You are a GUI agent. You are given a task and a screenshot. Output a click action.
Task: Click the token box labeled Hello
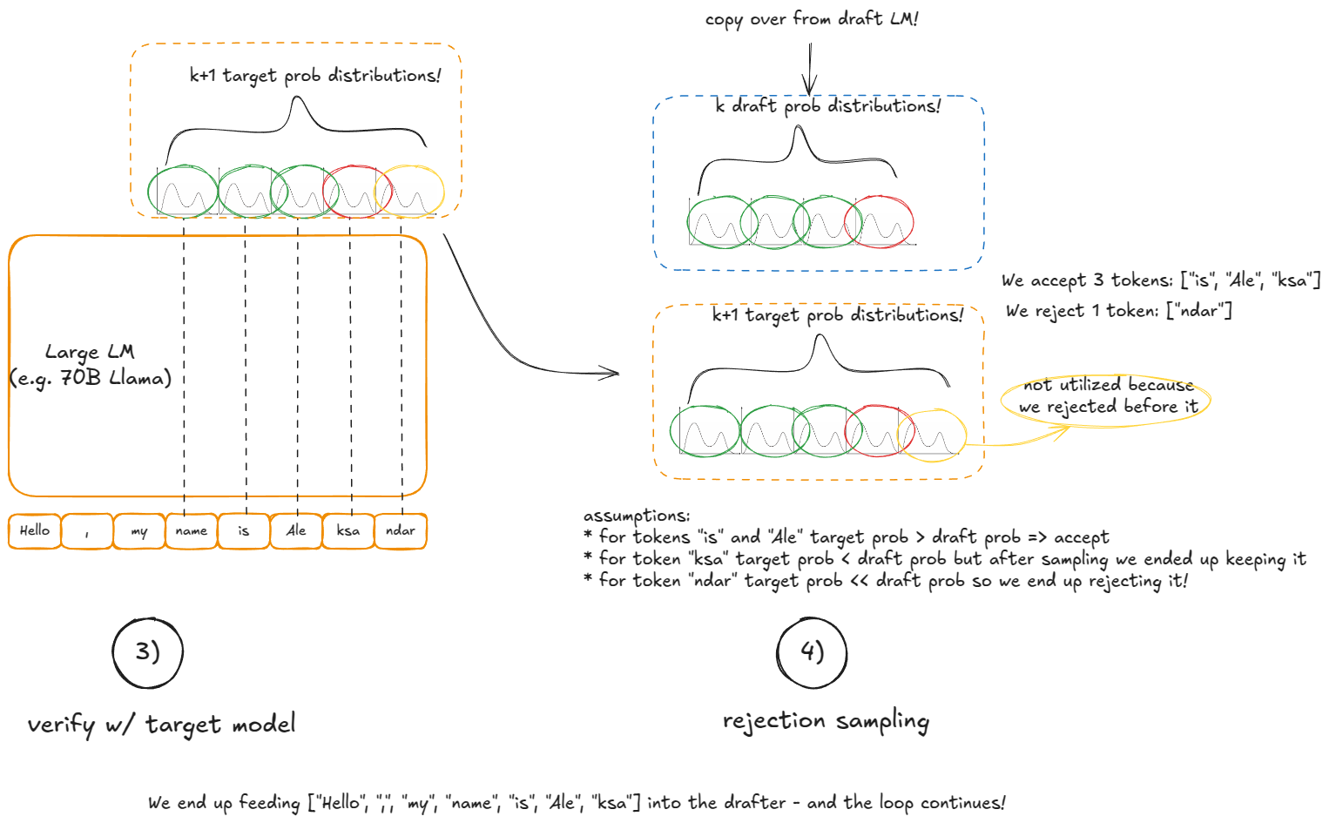click(x=35, y=531)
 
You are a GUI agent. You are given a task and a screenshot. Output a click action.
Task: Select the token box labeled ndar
click(x=401, y=531)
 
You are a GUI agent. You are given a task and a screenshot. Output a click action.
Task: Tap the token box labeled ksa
click(x=348, y=531)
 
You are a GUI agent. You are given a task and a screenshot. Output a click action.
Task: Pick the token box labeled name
click(x=192, y=531)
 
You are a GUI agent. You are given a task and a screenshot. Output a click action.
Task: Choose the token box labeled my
click(x=139, y=531)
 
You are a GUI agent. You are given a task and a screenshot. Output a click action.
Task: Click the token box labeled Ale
click(x=296, y=531)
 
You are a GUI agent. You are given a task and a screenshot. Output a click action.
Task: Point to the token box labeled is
click(x=244, y=531)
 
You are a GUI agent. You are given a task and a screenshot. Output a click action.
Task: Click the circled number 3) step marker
click(x=148, y=652)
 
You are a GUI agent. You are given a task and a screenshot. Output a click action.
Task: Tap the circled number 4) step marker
click(x=812, y=652)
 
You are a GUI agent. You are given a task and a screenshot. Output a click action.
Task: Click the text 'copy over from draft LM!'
click(x=812, y=19)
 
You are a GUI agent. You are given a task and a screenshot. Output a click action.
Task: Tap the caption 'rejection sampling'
click(x=826, y=721)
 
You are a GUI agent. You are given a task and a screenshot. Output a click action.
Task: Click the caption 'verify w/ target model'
click(x=161, y=725)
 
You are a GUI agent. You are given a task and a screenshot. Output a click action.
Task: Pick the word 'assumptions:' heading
click(x=637, y=516)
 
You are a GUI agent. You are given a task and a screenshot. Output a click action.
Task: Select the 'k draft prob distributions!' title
click(x=827, y=106)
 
